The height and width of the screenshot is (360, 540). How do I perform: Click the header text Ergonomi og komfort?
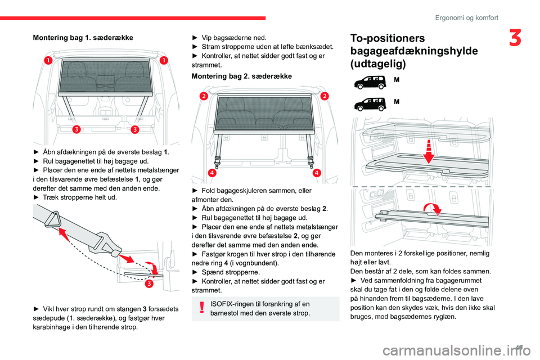coord(466,17)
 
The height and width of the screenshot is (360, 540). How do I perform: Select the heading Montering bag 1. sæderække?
coord(83,37)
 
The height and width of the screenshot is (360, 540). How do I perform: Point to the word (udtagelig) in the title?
coord(377,64)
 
